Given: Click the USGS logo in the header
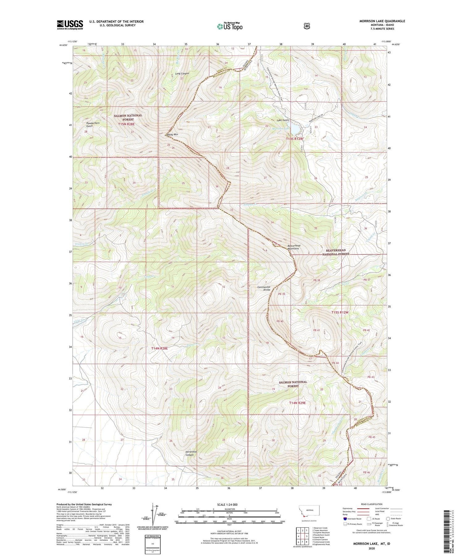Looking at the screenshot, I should coord(70,25).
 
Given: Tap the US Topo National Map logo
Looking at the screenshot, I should coord(230,26).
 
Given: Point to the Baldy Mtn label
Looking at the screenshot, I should coord(173,135).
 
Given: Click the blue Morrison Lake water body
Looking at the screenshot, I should coord(295,129).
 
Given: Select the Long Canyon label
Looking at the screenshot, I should coord(182,74).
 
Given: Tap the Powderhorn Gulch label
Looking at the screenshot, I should coord(93,124).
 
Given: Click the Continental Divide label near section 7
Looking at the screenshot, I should coord(264,288).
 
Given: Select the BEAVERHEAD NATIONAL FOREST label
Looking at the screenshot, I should coord(336,252).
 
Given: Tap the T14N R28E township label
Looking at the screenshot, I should coord(159,348).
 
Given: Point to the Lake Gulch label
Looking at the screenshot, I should coord(282,120).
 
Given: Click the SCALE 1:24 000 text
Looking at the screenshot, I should coord(227,504).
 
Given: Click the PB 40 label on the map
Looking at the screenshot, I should coord(280,321).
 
